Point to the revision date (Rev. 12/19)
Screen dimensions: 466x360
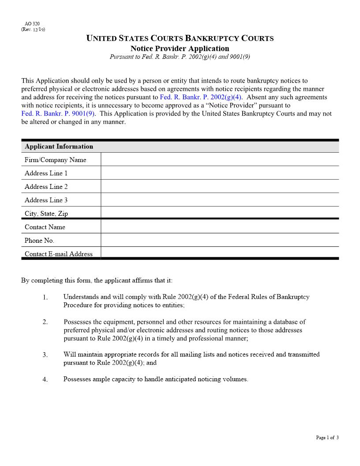click(x=33, y=30)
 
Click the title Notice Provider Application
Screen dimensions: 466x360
click(x=180, y=49)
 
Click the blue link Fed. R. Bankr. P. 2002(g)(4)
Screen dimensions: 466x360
click(x=201, y=97)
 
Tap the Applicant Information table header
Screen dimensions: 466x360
click(x=59, y=147)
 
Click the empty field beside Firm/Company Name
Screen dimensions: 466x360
click(x=219, y=160)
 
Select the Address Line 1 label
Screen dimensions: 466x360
click(x=46, y=173)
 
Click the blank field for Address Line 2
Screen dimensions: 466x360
click(x=219, y=187)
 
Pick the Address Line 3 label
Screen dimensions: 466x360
click(x=46, y=200)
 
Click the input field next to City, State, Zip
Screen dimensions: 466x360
click(x=219, y=213)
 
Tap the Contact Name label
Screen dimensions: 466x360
click(x=45, y=227)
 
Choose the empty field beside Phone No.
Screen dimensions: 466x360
click(x=219, y=241)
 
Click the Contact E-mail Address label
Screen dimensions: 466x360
click(x=59, y=254)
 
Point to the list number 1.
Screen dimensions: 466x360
click(x=45, y=297)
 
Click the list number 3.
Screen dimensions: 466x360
click(x=45, y=355)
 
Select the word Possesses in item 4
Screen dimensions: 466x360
click(x=77, y=379)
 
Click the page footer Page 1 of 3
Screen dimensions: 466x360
click(x=327, y=438)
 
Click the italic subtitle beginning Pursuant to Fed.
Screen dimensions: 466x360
click(x=180, y=57)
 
